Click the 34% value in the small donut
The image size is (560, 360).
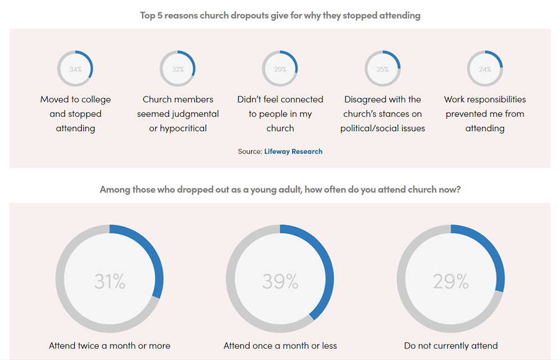75,69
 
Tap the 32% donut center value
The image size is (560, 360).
178,69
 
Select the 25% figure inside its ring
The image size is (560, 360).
382,69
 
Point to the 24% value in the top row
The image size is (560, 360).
485,69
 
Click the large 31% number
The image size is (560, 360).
110,281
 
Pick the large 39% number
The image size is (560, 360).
280,281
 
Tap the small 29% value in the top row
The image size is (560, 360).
280,69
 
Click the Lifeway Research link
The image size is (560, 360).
293,151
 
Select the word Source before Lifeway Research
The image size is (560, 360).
249,151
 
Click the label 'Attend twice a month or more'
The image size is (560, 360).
110,345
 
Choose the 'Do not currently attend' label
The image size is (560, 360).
451,345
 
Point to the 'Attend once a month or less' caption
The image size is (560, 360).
280,345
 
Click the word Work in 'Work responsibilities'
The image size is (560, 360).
454,100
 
